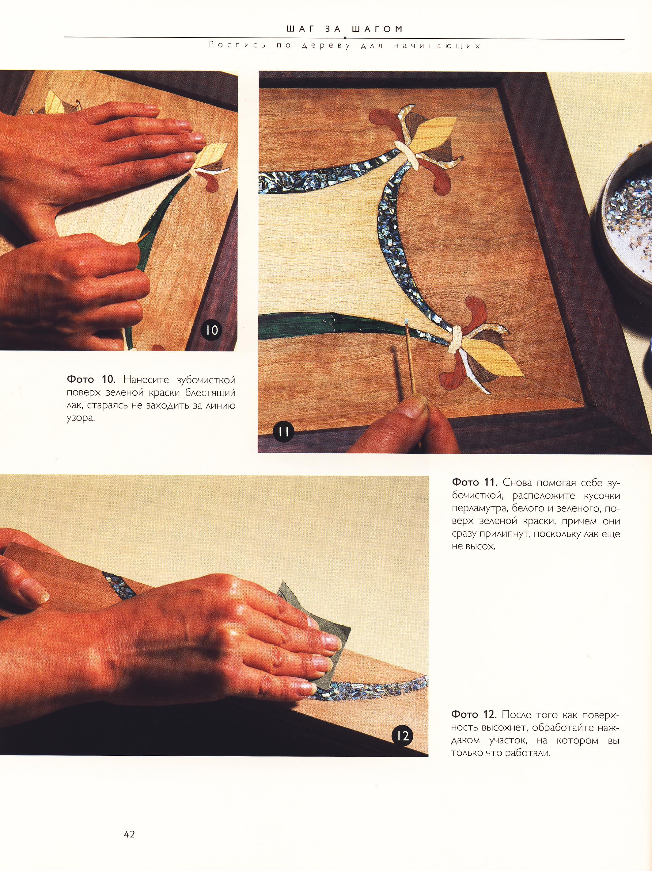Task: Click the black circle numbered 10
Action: click(x=212, y=330)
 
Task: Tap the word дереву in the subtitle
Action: click(x=325, y=46)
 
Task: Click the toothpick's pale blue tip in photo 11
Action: click(x=405, y=322)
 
